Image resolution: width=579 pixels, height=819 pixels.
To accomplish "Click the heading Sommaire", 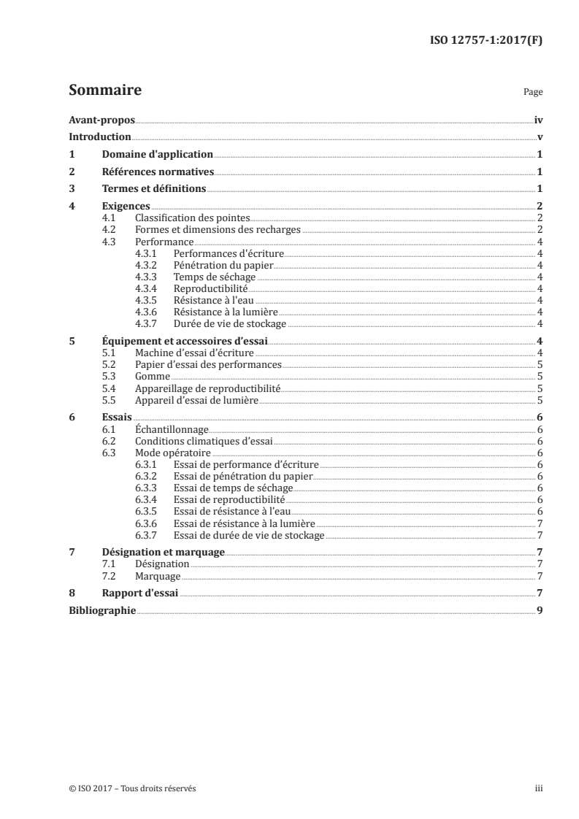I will coord(104,91).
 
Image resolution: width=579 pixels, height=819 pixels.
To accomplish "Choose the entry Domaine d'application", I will coord(158,154).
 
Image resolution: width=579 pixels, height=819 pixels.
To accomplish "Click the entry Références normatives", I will coord(158,172).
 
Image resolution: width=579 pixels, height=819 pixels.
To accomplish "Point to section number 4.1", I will coord(110,218).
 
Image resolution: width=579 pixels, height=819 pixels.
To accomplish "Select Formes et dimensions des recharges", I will coord(218,230).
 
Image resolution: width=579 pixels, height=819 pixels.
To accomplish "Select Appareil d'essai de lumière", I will coord(197,399).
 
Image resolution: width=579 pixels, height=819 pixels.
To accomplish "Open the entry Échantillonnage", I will coord(172,429).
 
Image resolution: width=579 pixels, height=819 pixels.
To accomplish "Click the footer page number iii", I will coord(539,788).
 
